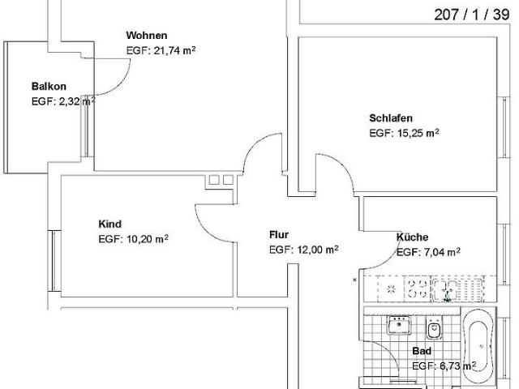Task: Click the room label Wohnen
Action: pos(147,36)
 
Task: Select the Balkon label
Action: pos(49,87)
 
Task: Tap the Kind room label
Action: pos(109,224)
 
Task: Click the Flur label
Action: pos(279,234)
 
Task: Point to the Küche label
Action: pos(412,237)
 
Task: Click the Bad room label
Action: pos(422,352)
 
